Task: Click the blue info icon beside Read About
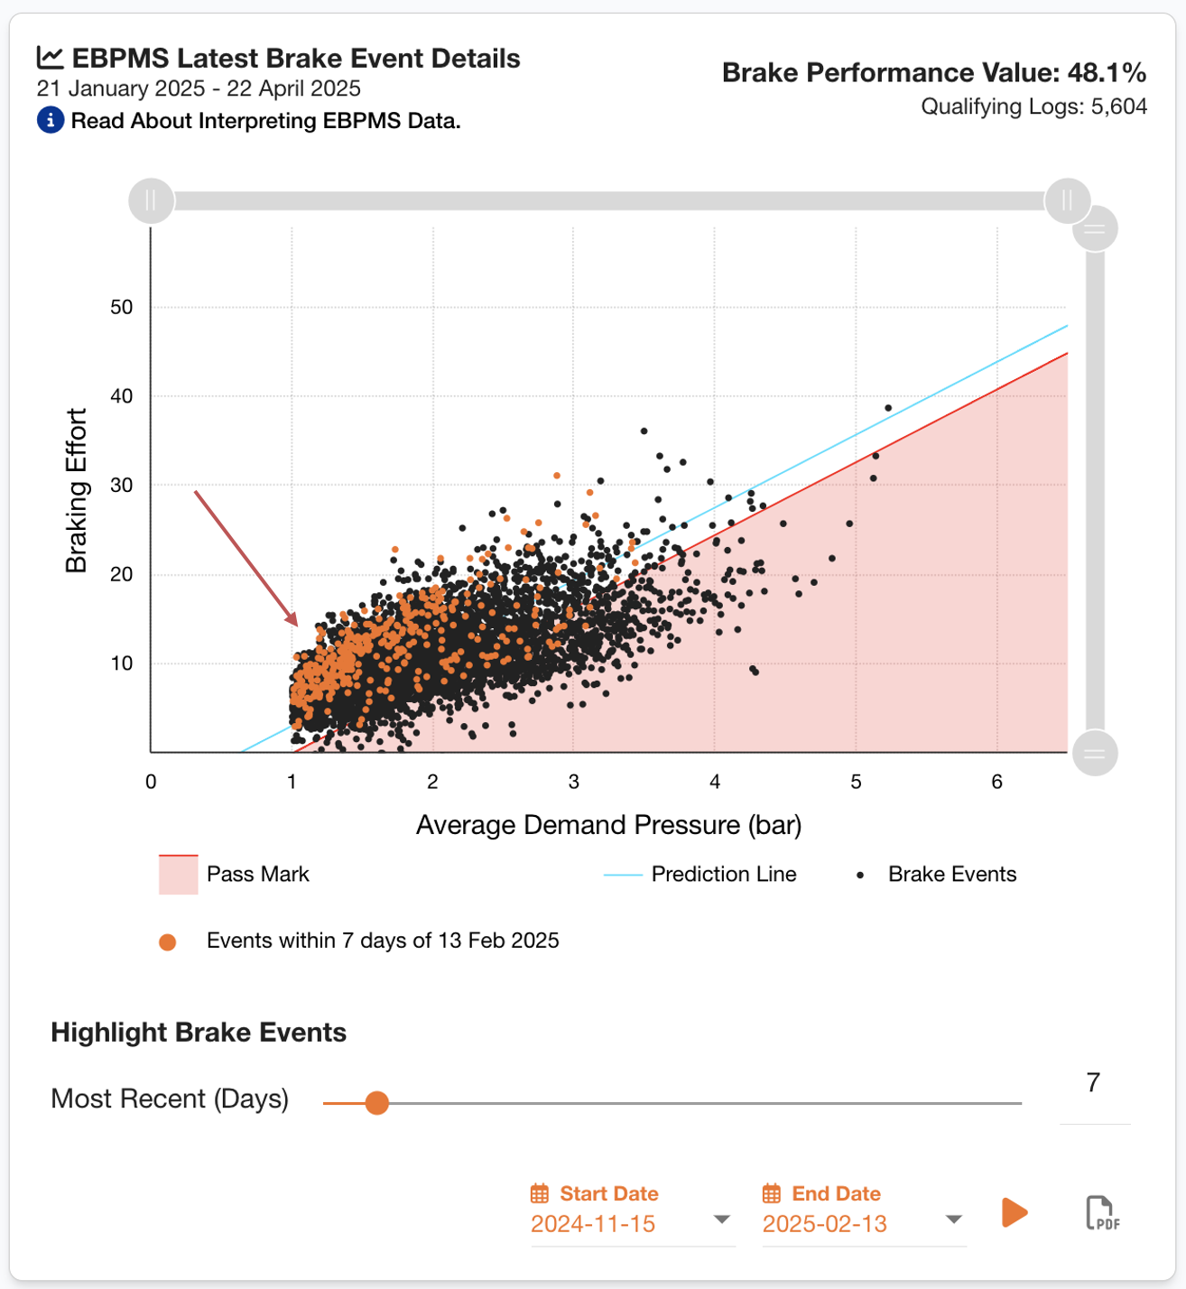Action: tap(51, 120)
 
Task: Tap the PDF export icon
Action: tap(1102, 1212)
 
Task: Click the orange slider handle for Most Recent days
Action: tap(377, 1102)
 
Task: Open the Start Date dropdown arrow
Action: tap(721, 1219)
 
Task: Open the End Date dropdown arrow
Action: tap(953, 1219)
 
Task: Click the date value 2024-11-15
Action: tap(593, 1224)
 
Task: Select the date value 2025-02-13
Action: tap(824, 1224)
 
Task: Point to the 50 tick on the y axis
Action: tap(122, 308)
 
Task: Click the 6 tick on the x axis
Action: tap(996, 782)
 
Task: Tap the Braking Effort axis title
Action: tap(77, 490)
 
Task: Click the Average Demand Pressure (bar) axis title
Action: tap(608, 825)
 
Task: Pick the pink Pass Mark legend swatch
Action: tap(178, 875)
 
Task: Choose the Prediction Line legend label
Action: tap(724, 875)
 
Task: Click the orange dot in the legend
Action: tap(167, 942)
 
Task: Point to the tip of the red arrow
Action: tap(296, 624)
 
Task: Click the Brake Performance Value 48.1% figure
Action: tap(1107, 73)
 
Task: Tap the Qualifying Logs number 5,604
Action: tap(1119, 107)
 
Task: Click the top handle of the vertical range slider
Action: tap(1095, 228)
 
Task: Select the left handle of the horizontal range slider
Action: tap(151, 200)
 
